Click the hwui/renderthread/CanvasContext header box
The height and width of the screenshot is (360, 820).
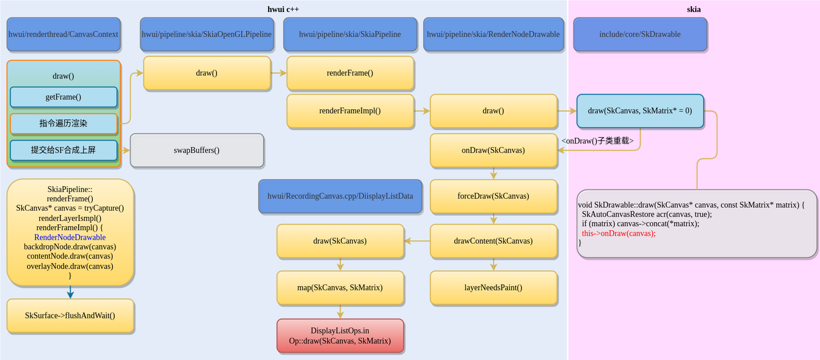(63, 34)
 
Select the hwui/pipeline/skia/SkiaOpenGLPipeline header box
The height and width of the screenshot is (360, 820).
(206, 34)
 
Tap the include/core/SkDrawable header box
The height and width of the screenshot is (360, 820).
(639, 34)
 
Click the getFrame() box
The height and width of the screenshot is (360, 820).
(63, 97)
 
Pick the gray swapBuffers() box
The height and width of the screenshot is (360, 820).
(196, 150)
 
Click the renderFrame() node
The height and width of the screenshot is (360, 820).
(350, 73)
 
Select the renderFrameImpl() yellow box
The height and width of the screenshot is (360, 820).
(350, 111)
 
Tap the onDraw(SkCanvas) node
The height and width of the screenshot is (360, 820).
(493, 150)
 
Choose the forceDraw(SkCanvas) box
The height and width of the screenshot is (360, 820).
(493, 196)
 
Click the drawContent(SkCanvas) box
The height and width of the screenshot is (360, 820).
(493, 241)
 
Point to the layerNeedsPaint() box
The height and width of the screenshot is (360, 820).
(493, 288)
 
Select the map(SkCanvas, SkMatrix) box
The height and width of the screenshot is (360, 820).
(340, 288)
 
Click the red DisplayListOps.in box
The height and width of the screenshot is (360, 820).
(340, 336)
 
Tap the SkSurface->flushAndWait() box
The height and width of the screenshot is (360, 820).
(70, 316)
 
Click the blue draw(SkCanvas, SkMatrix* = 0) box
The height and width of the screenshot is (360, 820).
(639, 111)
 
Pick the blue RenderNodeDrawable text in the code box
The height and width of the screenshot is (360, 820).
(70, 238)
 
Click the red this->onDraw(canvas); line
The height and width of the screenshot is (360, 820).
(618, 234)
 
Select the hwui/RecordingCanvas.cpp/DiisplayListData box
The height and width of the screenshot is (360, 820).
(340, 196)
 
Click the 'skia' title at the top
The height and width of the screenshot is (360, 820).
(694, 9)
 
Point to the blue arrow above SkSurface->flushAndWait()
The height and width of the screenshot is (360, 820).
(70, 292)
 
